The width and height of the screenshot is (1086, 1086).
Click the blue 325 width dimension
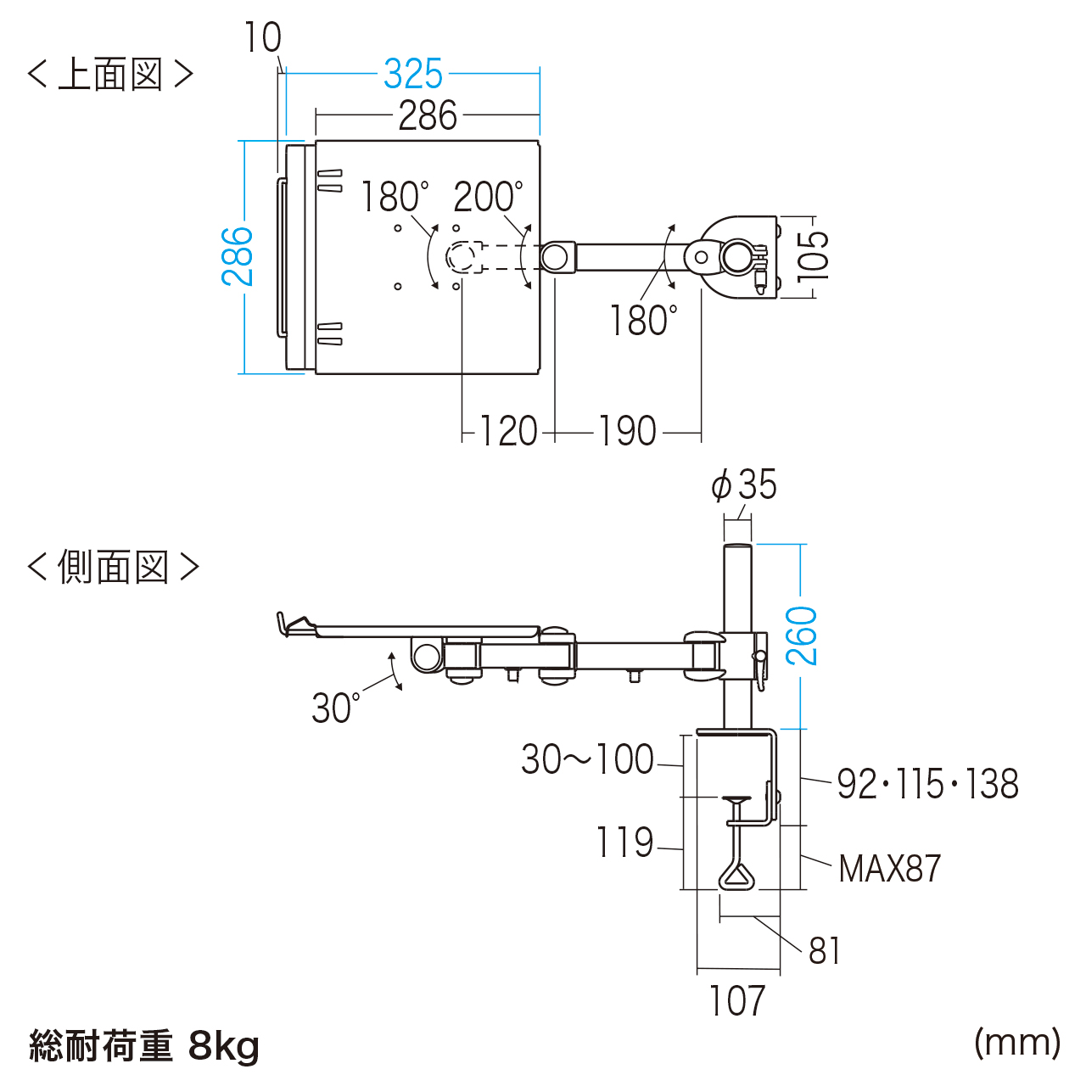(413, 75)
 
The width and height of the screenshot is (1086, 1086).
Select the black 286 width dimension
(428, 116)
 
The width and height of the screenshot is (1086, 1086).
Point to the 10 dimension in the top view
(262, 38)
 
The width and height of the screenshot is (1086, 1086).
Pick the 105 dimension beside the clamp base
(812, 255)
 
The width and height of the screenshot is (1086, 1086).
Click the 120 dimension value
(508, 432)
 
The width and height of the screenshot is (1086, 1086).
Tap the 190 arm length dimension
(628, 432)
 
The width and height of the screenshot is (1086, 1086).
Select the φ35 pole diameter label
(744, 485)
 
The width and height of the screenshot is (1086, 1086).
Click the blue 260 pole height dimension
(802, 635)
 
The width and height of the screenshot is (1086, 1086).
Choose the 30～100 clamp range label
(587, 759)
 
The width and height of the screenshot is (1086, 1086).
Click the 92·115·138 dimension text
(927, 785)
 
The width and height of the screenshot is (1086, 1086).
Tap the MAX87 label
(890, 869)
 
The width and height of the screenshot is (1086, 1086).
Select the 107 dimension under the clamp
(737, 1002)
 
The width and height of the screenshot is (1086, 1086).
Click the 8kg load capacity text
(224, 1046)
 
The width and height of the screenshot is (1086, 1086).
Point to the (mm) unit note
(1017, 1042)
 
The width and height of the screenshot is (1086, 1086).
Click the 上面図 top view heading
(110, 75)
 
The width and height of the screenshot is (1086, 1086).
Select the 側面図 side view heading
(113, 567)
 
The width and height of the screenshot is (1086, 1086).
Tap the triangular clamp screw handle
(736, 874)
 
